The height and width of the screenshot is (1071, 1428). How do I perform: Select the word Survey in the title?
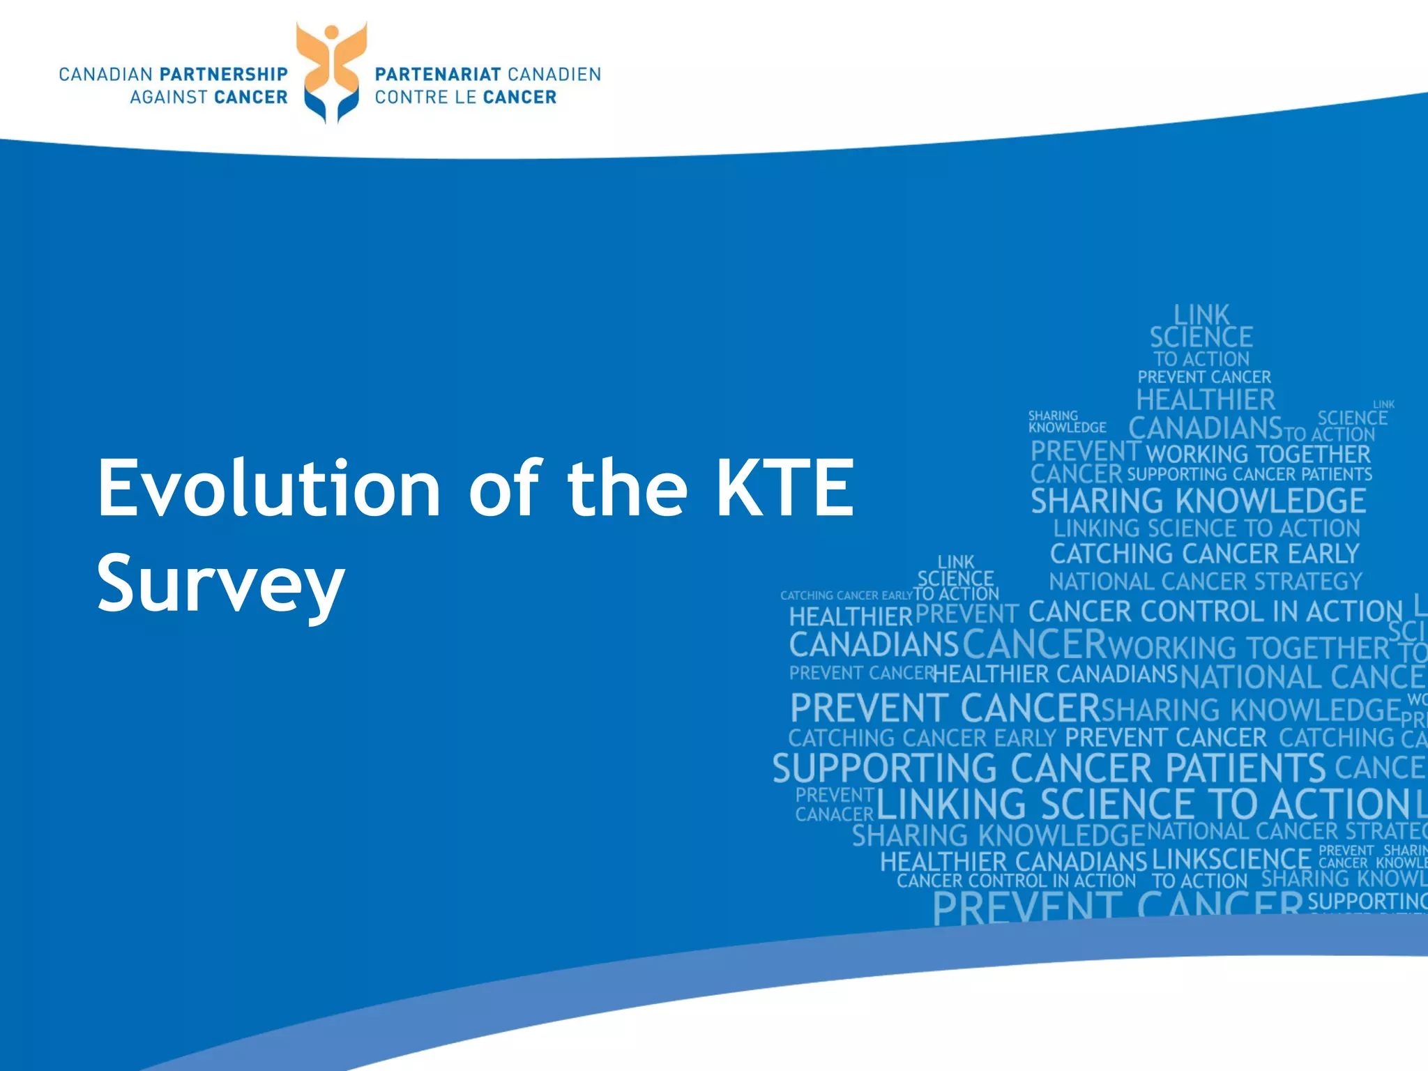(220, 583)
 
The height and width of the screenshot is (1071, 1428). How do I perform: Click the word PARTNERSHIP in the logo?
(224, 75)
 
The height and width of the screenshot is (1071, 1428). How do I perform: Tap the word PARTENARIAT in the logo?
(438, 75)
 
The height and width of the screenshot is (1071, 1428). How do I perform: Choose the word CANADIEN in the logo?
(554, 75)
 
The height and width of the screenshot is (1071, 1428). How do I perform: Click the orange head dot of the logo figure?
(332, 32)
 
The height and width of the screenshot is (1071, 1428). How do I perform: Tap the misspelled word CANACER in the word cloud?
(834, 814)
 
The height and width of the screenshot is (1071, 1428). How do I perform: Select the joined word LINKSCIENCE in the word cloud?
(1231, 859)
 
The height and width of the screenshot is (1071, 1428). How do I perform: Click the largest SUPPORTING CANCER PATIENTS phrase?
(1049, 768)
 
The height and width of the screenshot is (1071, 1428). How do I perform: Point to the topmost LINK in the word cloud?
(1201, 314)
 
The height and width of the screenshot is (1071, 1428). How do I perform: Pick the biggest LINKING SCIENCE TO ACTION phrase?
(1144, 804)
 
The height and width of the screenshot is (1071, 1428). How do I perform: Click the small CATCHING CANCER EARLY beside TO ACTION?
(846, 595)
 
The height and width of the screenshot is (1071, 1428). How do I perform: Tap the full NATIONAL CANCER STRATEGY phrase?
(1205, 582)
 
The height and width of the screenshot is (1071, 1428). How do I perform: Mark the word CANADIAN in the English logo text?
(105, 75)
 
